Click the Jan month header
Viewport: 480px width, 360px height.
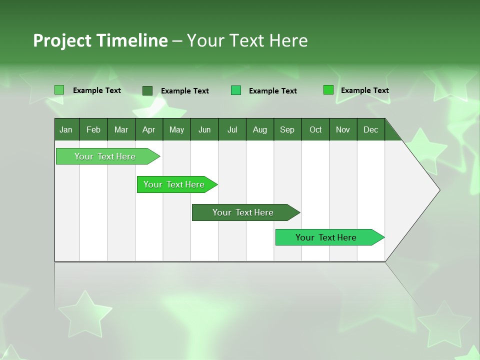click(66, 129)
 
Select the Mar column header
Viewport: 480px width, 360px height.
click(121, 129)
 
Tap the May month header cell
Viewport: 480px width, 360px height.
click(176, 129)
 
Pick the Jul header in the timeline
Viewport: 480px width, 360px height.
click(232, 129)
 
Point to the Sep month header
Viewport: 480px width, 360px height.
click(287, 129)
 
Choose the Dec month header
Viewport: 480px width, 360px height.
click(370, 129)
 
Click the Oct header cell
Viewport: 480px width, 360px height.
click(315, 129)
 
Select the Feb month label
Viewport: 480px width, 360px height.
click(93, 129)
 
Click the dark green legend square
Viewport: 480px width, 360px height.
click(147, 90)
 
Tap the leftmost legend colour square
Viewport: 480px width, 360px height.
click(59, 90)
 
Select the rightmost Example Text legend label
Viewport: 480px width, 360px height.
click(364, 90)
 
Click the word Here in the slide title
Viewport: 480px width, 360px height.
click(288, 40)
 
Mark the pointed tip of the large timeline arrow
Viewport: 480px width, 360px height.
click(439, 190)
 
